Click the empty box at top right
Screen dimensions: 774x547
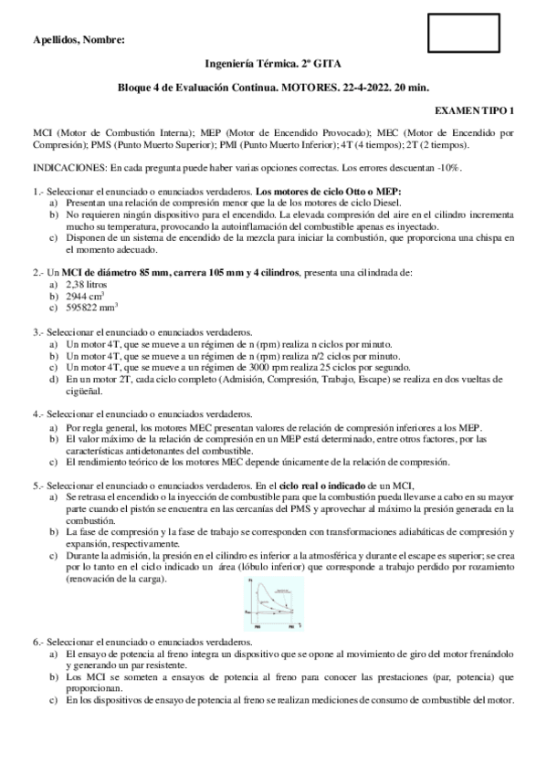pyautogui.click(x=464, y=33)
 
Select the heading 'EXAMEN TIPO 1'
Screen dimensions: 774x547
pyautogui.click(x=474, y=110)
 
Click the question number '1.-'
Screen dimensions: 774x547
pyautogui.click(x=38, y=192)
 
